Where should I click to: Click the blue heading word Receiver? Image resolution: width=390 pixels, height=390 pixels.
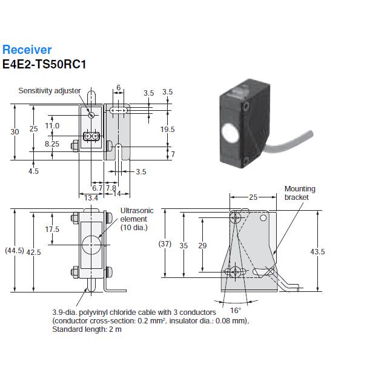27,50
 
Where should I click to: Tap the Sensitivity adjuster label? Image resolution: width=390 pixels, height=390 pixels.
49,91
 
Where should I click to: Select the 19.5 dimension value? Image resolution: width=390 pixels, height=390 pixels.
167,130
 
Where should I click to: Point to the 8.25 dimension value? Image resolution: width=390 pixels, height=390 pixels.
52,144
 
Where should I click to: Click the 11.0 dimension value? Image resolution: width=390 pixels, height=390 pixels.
52,126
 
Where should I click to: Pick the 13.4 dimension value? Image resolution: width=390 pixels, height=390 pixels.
91,198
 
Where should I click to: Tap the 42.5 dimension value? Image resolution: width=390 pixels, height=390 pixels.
35,252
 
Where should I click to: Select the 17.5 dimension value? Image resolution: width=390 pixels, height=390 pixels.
52,230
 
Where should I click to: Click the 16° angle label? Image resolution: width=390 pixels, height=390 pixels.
235,309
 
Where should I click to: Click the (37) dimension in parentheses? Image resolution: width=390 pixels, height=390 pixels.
165,245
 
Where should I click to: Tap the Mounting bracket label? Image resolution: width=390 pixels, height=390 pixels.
299,193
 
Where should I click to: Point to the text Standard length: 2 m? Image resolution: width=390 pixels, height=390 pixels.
87,329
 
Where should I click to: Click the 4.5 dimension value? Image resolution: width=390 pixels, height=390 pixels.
33,171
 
